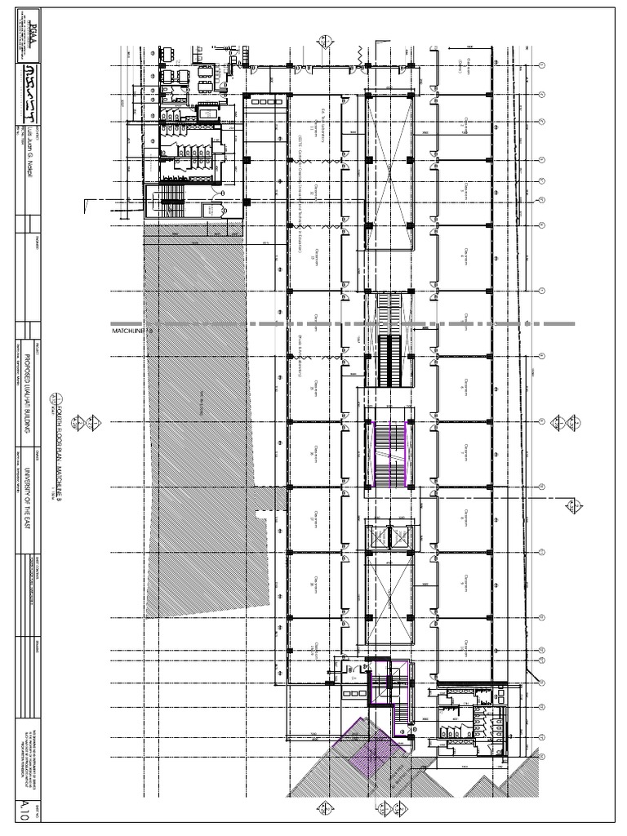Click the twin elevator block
389,537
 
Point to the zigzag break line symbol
361,56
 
